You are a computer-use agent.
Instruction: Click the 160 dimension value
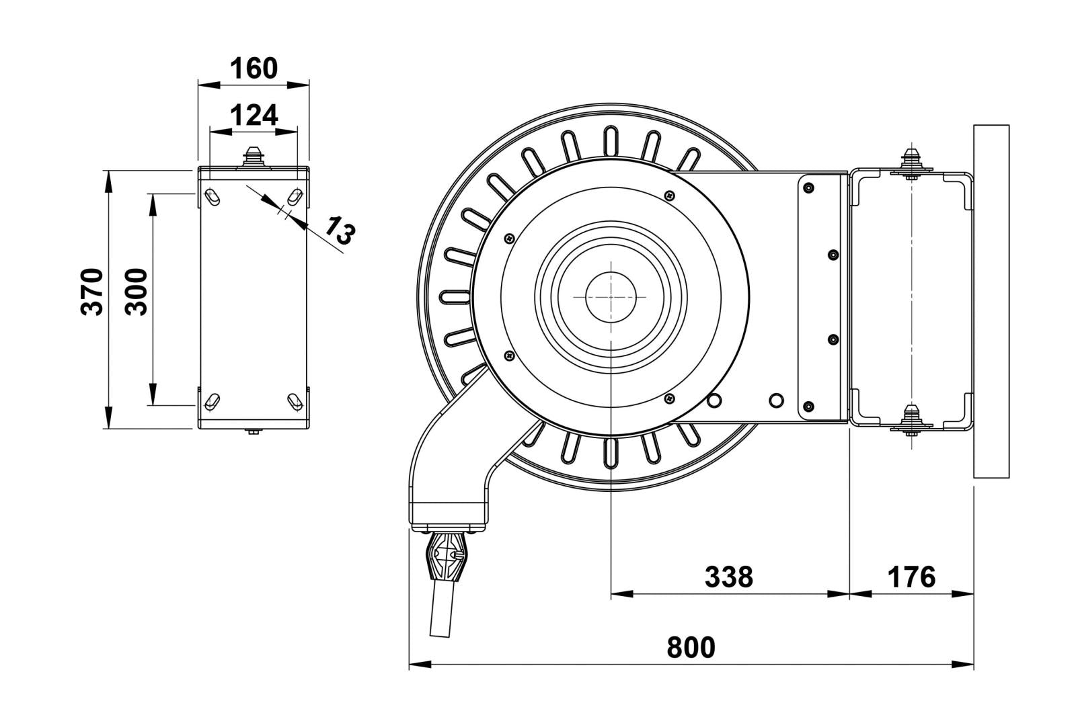click(x=254, y=68)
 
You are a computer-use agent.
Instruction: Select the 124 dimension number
click(x=254, y=116)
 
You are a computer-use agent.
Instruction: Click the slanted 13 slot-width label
click(x=338, y=230)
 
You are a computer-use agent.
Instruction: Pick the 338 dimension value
click(x=729, y=577)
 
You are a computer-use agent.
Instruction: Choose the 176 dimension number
click(x=911, y=577)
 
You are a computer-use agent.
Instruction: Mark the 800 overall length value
click(x=691, y=647)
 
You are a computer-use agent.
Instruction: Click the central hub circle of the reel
click(x=611, y=296)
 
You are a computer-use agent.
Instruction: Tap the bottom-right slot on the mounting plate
click(x=295, y=401)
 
